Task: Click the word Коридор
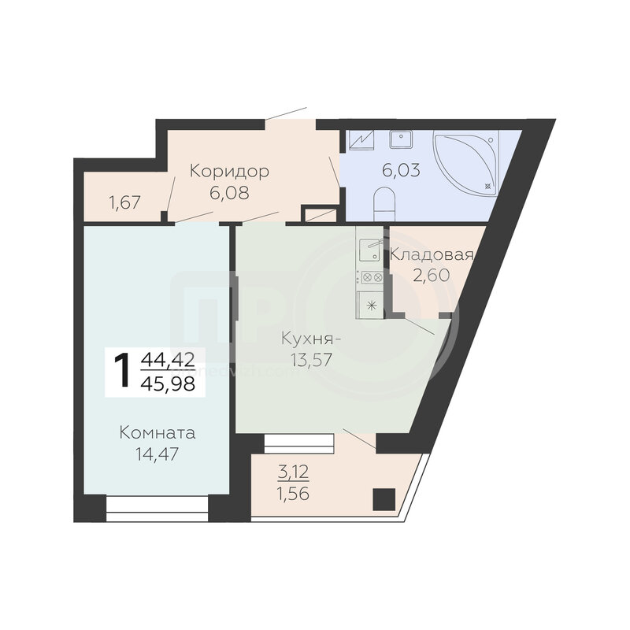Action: (229, 172)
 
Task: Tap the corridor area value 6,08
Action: (229, 193)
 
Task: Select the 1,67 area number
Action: (124, 202)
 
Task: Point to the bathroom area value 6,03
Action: (401, 170)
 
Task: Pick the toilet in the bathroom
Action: (386, 205)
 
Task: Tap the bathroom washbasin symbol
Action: (400, 139)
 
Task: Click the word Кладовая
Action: (432, 254)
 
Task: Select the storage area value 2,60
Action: (431, 276)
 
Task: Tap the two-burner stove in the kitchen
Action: (372, 277)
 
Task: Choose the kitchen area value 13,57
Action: (311, 360)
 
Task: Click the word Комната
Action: (157, 433)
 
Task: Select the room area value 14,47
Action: (157, 454)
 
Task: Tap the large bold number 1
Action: (122, 370)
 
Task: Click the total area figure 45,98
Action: (168, 384)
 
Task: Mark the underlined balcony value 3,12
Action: (293, 472)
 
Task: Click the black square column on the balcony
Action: (384, 499)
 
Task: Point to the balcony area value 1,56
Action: (293, 494)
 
